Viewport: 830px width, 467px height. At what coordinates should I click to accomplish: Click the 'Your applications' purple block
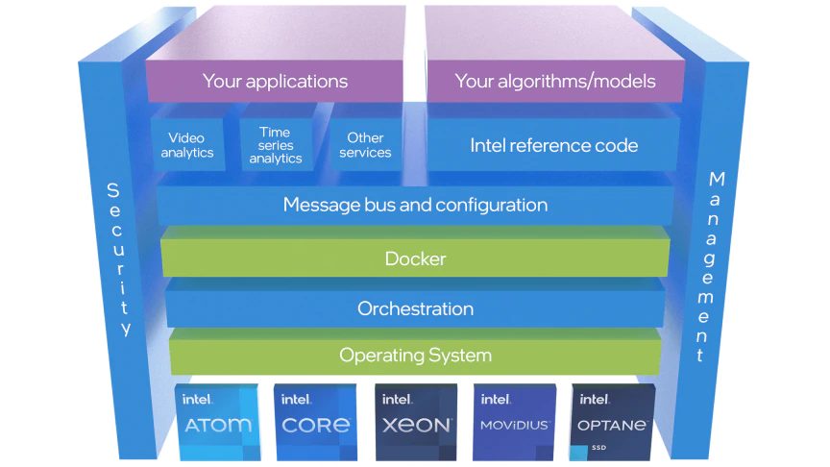coord(275,81)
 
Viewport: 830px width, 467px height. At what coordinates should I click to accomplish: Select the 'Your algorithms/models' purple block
coord(554,81)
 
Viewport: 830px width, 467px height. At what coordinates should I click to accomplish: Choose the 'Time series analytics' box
coord(276,145)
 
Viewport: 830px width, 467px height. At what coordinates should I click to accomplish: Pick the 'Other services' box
coord(365,145)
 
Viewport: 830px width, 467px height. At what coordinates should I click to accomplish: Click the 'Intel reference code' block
coord(554,146)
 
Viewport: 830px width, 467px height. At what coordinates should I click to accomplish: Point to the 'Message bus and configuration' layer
coord(415,205)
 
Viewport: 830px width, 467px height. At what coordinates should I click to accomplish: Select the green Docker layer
coord(415,258)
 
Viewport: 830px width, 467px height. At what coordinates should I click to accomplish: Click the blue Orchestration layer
coord(415,309)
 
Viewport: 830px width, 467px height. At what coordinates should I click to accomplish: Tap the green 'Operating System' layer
coord(415,356)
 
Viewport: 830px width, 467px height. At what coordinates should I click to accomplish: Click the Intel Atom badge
coord(217,420)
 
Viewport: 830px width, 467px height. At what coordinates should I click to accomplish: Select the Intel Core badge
coord(316,420)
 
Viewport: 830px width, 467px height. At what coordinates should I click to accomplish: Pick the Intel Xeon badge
coord(416,420)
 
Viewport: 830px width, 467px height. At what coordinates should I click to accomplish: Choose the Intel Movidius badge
coord(515,420)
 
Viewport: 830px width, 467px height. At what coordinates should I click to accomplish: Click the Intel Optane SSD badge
coord(614,420)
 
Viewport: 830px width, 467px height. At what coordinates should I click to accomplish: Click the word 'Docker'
coord(415,258)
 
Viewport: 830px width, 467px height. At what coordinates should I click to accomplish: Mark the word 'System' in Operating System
coord(457,356)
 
